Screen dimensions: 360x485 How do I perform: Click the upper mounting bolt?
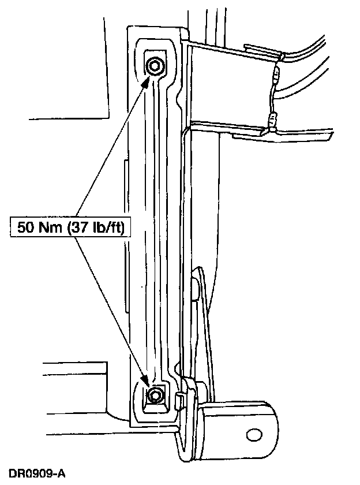click(155, 66)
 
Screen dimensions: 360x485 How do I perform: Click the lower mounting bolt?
click(155, 396)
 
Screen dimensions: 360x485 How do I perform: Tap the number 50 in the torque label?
click(26, 227)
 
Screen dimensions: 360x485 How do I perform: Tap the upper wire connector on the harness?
click(277, 75)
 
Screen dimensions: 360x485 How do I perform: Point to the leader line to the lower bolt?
click(112, 306)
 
